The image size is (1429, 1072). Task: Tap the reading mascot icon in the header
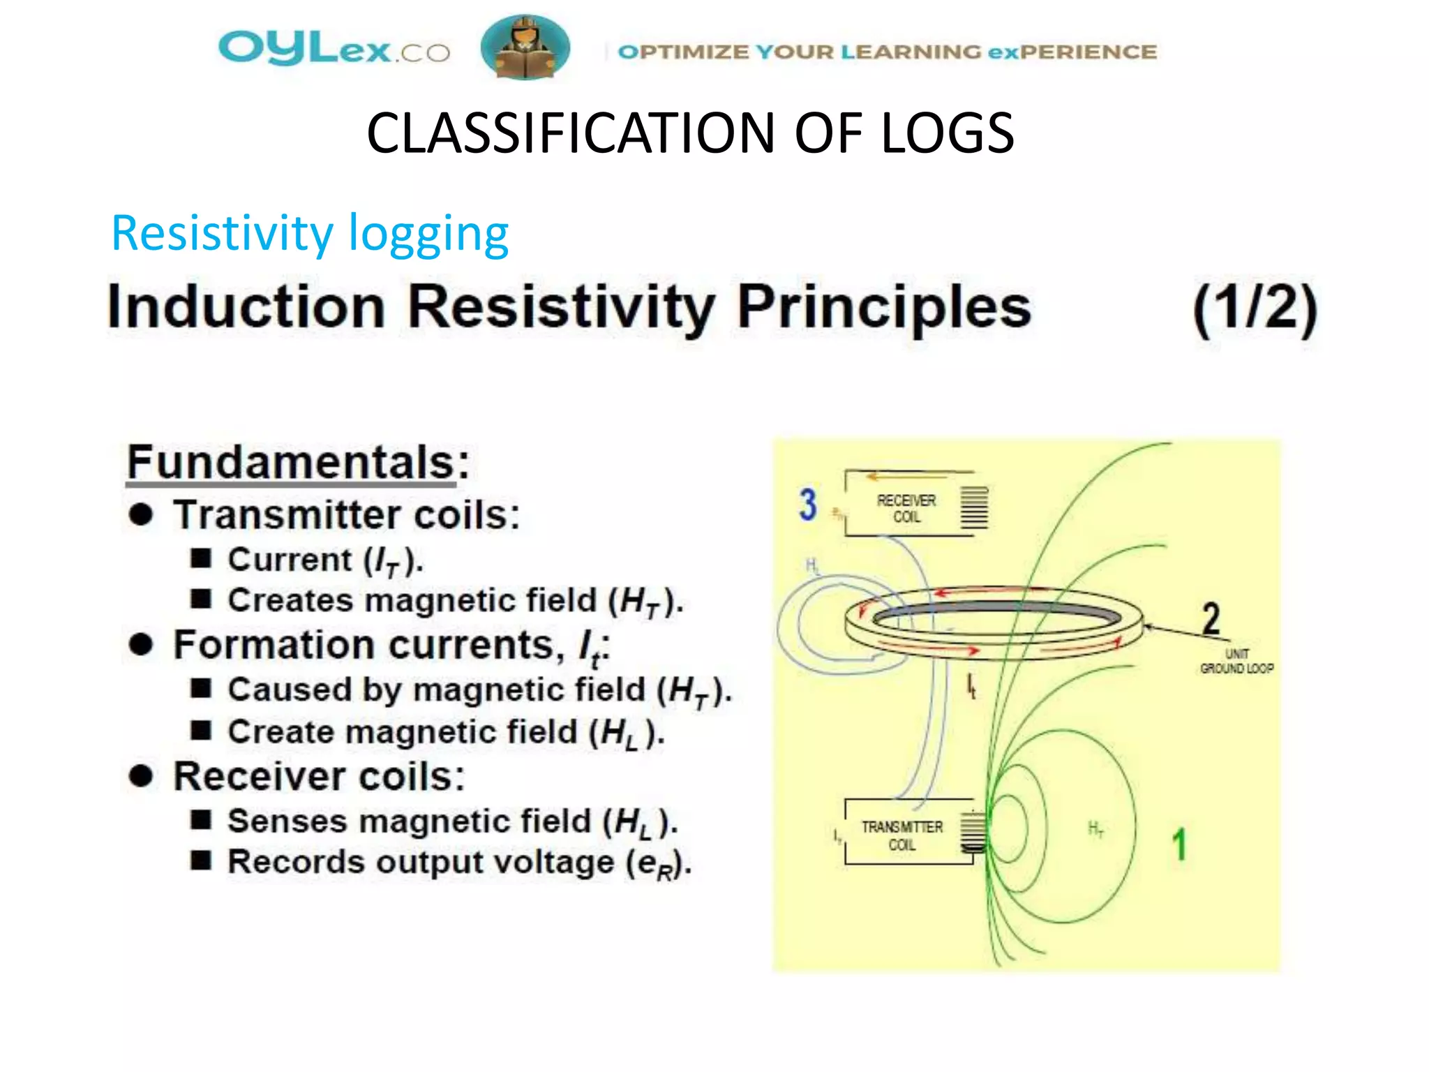tap(525, 47)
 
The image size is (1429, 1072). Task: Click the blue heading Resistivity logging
tap(310, 234)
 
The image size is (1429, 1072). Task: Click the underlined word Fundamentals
tap(291, 463)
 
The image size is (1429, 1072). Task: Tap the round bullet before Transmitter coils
tap(141, 515)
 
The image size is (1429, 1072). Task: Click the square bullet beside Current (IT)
tap(201, 558)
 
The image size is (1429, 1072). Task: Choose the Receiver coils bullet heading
tap(319, 777)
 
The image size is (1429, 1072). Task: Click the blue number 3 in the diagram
tap(807, 505)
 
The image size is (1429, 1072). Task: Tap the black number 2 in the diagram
tap(1211, 618)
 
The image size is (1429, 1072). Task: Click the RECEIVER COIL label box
tap(906, 509)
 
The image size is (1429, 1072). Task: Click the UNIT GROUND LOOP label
tap(1236, 662)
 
